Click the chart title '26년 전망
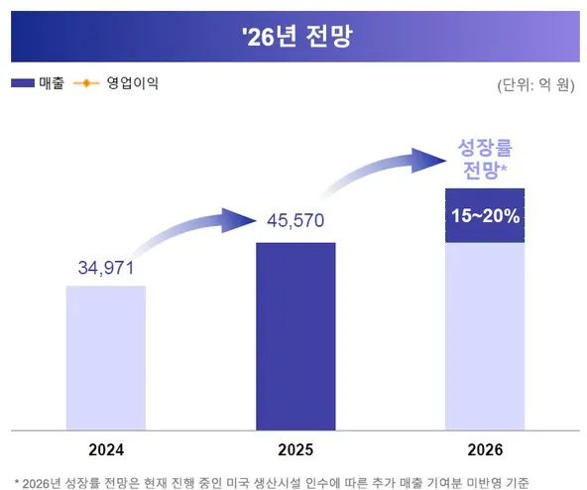[293, 37]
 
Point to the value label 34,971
[106, 268]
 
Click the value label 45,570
[295, 220]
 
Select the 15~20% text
[485, 215]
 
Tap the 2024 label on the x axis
[106, 449]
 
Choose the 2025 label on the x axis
[295, 449]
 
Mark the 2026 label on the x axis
[485, 449]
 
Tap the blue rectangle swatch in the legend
[23, 83]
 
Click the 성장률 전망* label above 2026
[484, 160]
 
